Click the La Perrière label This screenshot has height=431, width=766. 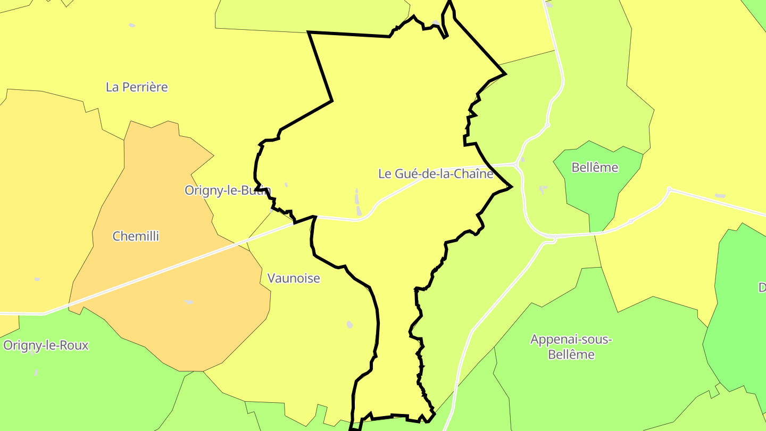point(137,87)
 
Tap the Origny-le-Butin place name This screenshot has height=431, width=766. point(228,190)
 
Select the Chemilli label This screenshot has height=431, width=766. point(136,236)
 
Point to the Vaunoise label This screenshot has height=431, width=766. point(294,278)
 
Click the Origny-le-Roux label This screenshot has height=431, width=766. point(46,345)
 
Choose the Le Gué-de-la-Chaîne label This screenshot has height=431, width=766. point(436,174)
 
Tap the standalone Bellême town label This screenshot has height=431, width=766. point(595,168)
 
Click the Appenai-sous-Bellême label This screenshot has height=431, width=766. point(571,347)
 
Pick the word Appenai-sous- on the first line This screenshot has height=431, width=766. point(571,339)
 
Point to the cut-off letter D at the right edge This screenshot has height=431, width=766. point(762,288)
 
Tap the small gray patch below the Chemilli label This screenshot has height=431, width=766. point(189,302)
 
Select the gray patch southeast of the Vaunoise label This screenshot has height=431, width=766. point(349,324)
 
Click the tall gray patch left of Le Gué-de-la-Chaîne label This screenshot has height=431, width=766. point(357,202)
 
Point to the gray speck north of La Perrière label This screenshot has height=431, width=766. point(132,25)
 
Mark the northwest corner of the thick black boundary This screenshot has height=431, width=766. point(309,33)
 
